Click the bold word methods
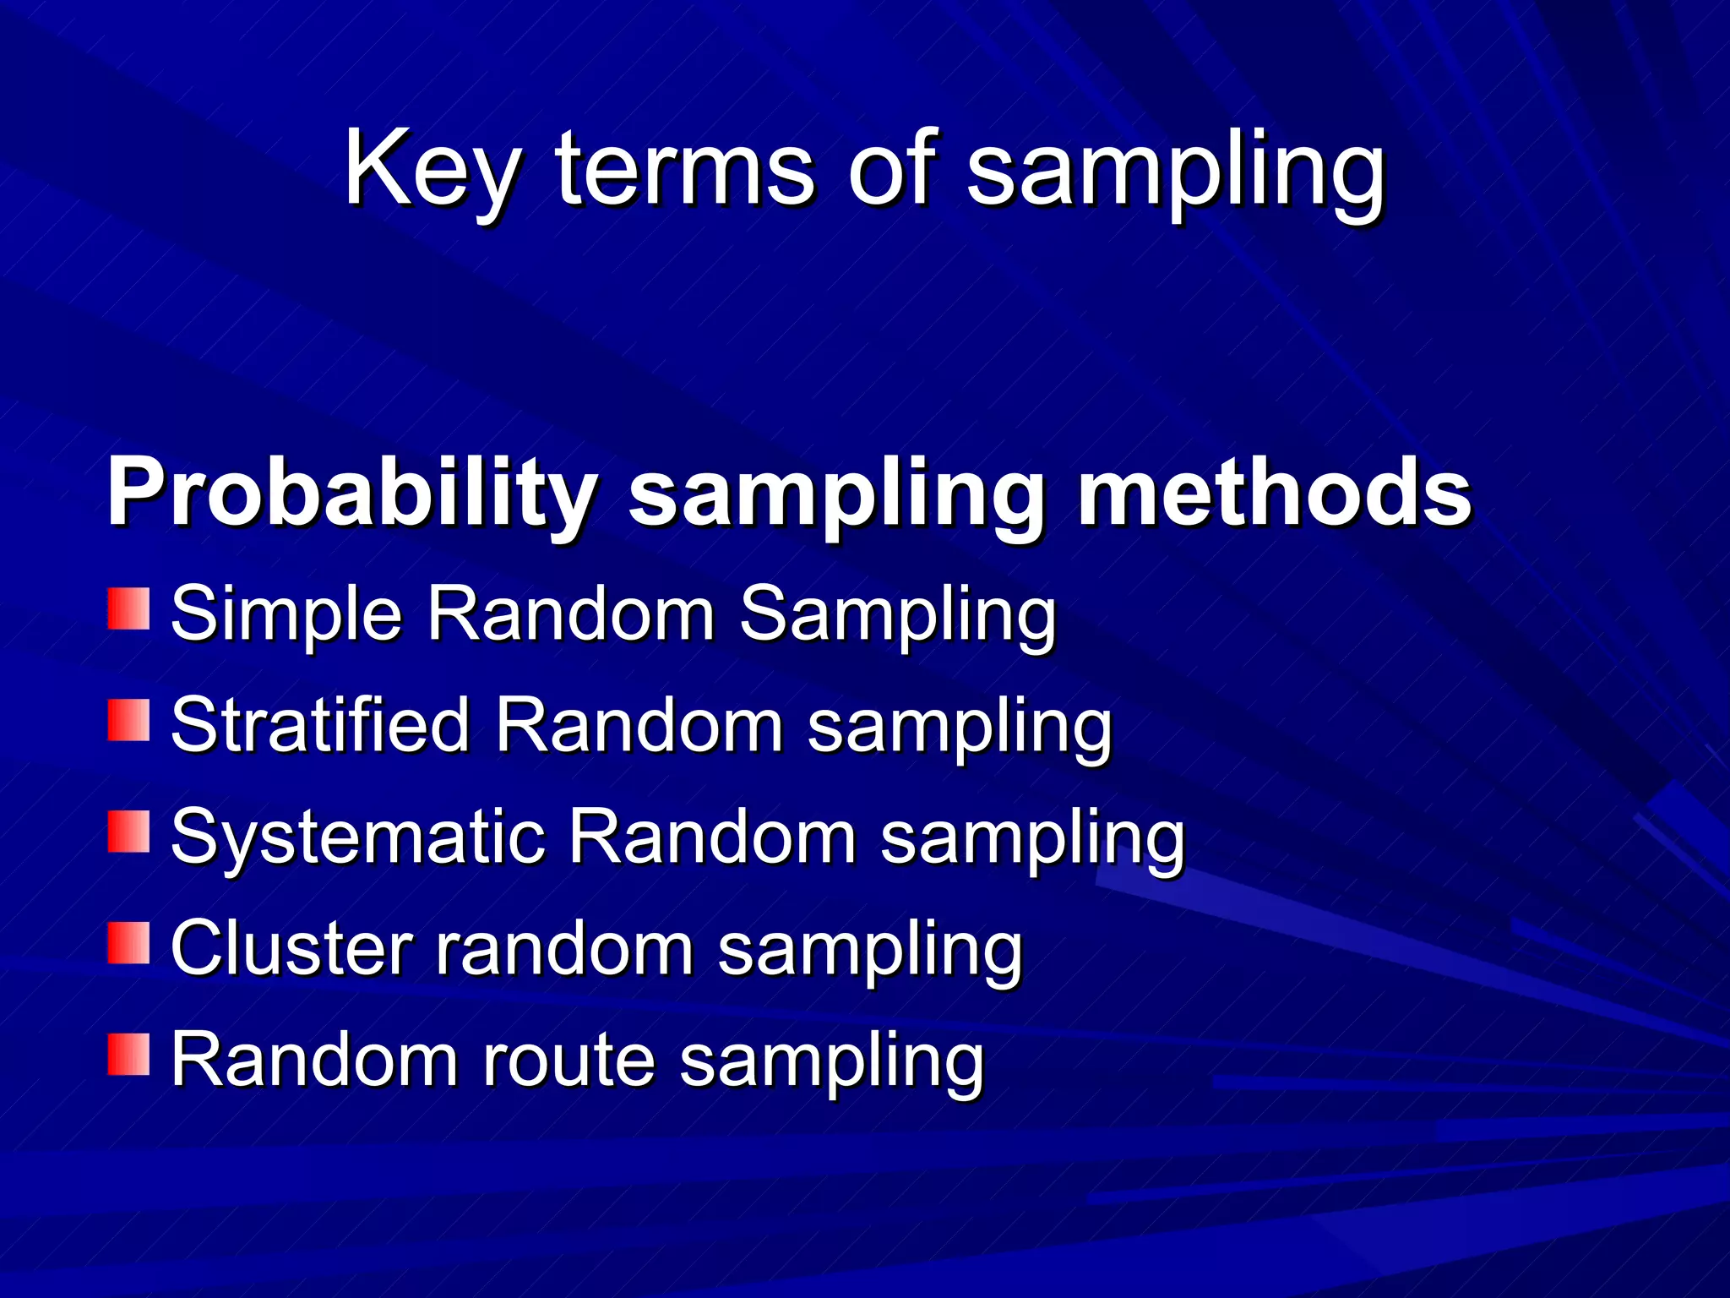[1275, 492]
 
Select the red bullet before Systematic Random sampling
[128, 832]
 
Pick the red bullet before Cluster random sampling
[128, 943]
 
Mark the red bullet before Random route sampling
[128, 1055]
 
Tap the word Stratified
[320, 725]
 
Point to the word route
[569, 1061]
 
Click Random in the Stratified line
[639, 725]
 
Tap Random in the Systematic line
[712, 837]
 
